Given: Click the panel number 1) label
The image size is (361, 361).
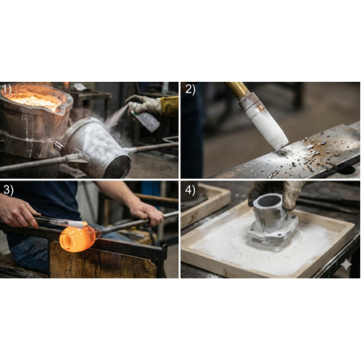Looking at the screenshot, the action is coord(6,90).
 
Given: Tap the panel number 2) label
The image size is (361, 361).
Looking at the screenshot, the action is coord(190,89).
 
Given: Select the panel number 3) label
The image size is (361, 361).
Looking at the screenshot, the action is coord(8,189).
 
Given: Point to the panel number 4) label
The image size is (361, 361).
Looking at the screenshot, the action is coord(190,189).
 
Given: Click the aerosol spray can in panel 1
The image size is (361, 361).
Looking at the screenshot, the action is coord(144,117).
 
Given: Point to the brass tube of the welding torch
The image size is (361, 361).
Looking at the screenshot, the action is coord(237,90).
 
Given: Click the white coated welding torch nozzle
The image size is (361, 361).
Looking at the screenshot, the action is coord(267,128).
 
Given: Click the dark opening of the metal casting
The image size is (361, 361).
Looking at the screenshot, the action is coord(268,201).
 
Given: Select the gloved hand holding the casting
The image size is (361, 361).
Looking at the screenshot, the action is coord(278,193).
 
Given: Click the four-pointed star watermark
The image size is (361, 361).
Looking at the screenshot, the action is coord(346,264).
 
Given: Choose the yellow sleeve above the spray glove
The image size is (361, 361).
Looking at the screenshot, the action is coord(169,107).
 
